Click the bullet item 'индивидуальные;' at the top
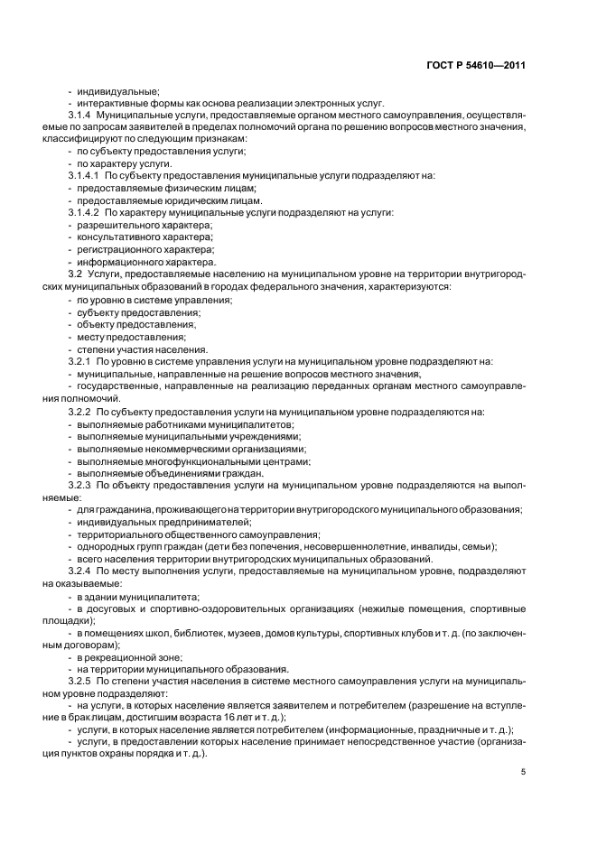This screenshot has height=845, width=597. pyautogui.click(x=117, y=91)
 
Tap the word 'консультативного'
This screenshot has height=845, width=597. pyautogui.click(x=117, y=237)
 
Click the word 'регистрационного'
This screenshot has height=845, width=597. pyautogui.click(x=117, y=249)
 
